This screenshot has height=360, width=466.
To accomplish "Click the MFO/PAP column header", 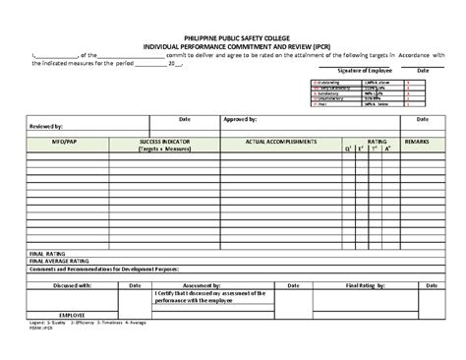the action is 62,142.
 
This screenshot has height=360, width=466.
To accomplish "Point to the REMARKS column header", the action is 418,142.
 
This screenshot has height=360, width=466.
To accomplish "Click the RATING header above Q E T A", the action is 377,142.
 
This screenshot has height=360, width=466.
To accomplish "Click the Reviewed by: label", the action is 48,126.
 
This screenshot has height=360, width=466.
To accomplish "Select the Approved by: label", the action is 240,118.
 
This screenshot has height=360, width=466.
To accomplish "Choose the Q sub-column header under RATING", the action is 347,150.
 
